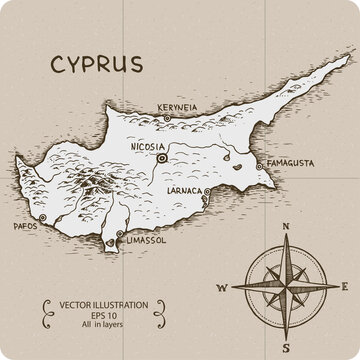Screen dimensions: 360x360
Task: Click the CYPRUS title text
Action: pos(95,64)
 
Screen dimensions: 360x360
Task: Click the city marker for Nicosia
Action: pos(161,157)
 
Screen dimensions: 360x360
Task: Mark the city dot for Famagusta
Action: pos(261,165)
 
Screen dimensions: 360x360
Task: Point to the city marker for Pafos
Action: pos(43,218)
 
